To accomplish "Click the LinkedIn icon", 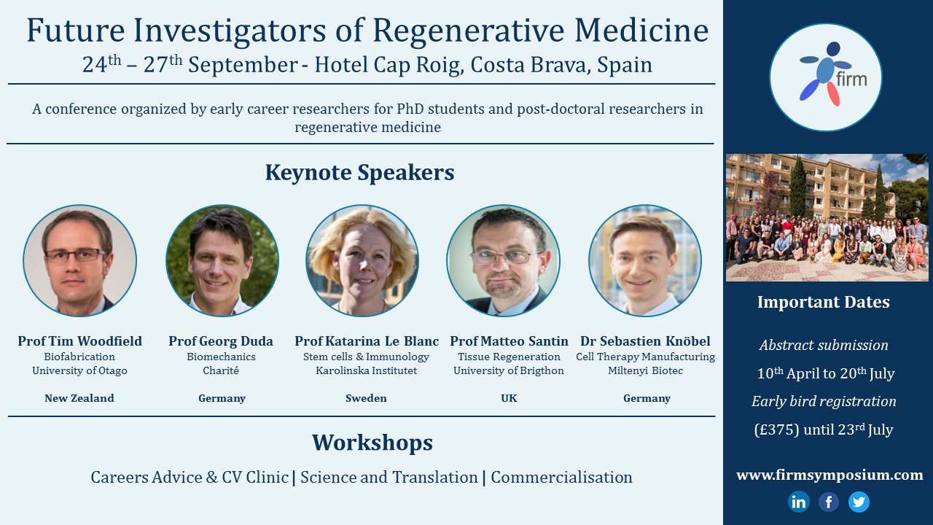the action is [798, 502].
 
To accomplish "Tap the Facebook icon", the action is [829, 502].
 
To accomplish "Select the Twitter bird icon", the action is [859, 502].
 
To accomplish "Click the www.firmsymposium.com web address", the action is [829, 475].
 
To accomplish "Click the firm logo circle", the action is [826, 77].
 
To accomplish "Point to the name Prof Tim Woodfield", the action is [79, 341].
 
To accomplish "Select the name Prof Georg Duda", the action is [221, 341].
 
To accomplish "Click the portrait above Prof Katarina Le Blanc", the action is [362, 260].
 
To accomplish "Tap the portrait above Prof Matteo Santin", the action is [503, 260].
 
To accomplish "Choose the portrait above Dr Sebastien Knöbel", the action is [645, 260].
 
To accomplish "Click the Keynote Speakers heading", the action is [360, 173].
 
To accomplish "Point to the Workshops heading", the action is [372, 443].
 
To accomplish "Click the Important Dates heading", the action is [824, 302].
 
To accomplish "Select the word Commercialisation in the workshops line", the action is [561, 478].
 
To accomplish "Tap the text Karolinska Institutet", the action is [366, 370].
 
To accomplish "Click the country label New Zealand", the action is [79, 398].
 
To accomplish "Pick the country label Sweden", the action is [366, 398].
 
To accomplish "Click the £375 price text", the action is [777, 429].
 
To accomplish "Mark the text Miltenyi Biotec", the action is [645, 370].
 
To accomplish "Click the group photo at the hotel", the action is [827, 217].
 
